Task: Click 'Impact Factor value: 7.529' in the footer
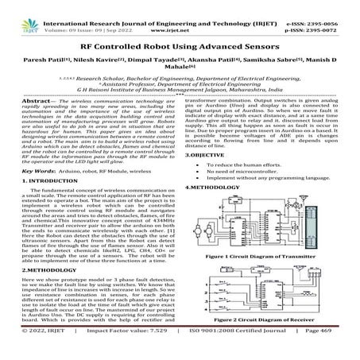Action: pyautogui.click(x=130, y=350)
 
